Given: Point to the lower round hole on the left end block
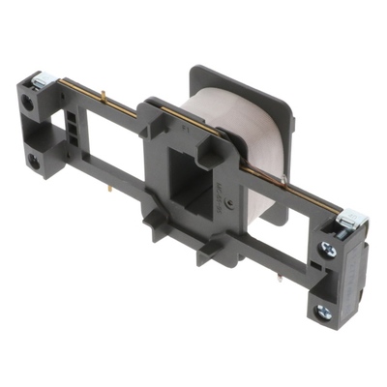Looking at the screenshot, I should pos(34,161).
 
